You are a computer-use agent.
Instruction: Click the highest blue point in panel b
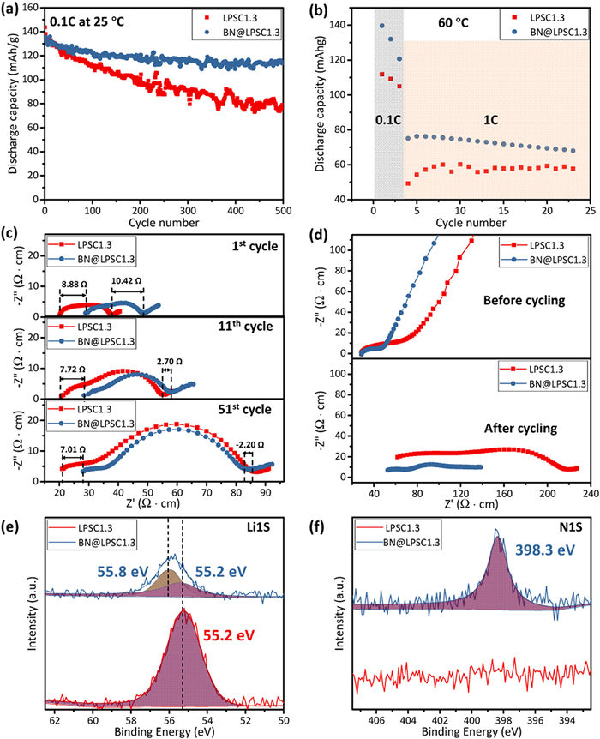[x=381, y=25]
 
